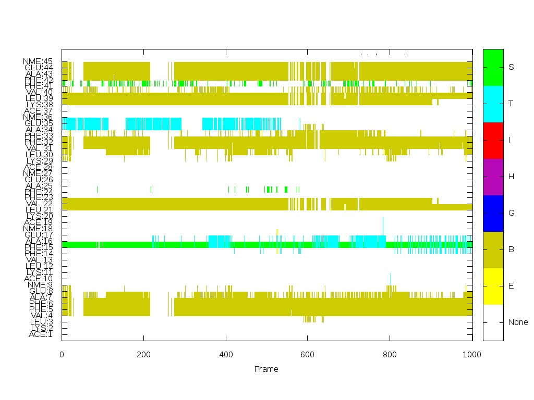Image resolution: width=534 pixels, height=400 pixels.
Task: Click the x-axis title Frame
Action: click(x=266, y=369)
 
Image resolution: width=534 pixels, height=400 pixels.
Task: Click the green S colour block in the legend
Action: click(x=493, y=67)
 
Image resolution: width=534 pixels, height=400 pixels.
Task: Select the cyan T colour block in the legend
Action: click(x=493, y=104)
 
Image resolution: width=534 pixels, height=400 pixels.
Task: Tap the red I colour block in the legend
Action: click(x=493, y=140)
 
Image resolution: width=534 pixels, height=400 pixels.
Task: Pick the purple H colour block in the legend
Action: click(x=493, y=177)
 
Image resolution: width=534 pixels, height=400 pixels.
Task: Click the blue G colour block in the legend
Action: click(x=493, y=213)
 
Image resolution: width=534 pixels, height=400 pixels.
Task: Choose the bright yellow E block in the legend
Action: click(x=493, y=286)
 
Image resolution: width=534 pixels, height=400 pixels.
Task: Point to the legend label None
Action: click(x=518, y=322)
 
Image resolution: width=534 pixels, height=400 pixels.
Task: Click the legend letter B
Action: click(x=511, y=249)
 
